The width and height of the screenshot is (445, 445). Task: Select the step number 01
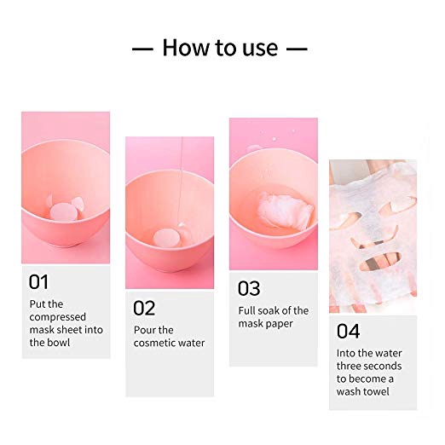pyautogui.click(x=38, y=282)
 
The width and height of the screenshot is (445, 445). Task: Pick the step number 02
pyautogui.click(x=144, y=308)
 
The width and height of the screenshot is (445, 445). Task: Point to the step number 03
pyautogui.click(x=249, y=288)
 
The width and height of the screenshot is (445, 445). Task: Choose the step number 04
pyautogui.click(x=349, y=331)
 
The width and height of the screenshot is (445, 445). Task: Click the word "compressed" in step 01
pyautogui.click(x=58, y=317)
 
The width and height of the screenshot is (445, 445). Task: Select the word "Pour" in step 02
pyautogui.click(x=143, y=330)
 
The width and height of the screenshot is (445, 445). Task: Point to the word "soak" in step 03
pyautogui.click(x=267, y=310)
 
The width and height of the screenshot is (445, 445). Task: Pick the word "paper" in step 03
pyautogui.click(x=280, y=324)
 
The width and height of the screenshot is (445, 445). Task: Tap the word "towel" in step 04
pyautogui.click(x=375, y=391)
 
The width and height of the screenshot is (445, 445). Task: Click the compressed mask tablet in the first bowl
pyautogui.click(x=62, y=212)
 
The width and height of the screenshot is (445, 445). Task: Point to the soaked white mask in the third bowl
pyautogui.click(x=286, y=211)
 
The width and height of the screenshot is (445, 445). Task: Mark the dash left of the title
pyautogui.click(x=142, y=49)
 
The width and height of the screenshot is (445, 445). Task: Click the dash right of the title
pyautogui.click(x=297, y=49)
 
